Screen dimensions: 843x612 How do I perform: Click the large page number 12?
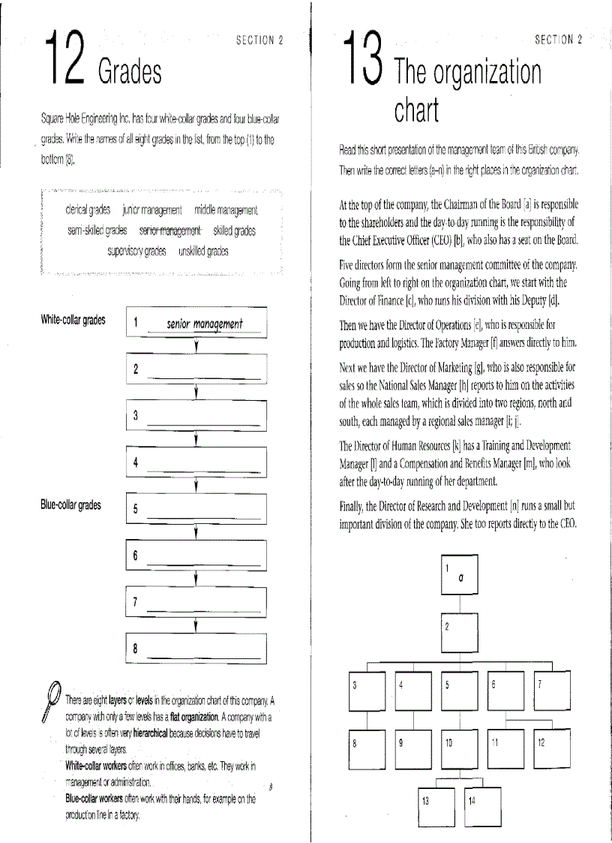(x=64, y=59)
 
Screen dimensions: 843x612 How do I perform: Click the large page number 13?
(x=362, y=59)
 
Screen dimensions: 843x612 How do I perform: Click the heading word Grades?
(x=129, y=72)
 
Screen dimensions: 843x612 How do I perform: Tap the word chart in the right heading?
(x=417, y=111)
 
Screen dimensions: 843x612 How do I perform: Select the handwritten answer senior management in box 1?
(x=204, y=324)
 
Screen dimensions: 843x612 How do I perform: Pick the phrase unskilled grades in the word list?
(x=203, y=251)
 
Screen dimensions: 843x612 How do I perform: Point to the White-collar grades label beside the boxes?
(x=73, y=320)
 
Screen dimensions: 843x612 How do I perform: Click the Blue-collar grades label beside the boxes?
(x=70, y=505)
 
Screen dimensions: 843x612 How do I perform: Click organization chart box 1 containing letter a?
(x=459, y=574)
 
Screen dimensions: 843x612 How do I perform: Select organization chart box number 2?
(x=459, y=634)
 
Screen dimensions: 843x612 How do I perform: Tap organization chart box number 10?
(x=459, y=751)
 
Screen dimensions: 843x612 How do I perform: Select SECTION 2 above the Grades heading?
(x=259, y=41)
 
